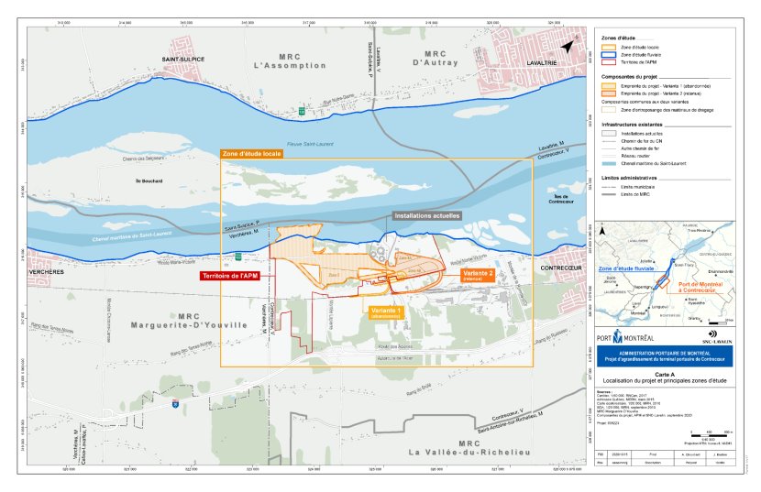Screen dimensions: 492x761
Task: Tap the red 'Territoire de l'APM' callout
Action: click(x=231, y=275)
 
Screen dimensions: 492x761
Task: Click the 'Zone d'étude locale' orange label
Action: click(x=250, y=154)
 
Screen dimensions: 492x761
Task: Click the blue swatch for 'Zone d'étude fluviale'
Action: click(x=608, y=55)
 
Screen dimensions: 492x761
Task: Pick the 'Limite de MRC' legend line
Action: click(x=608, y=193)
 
